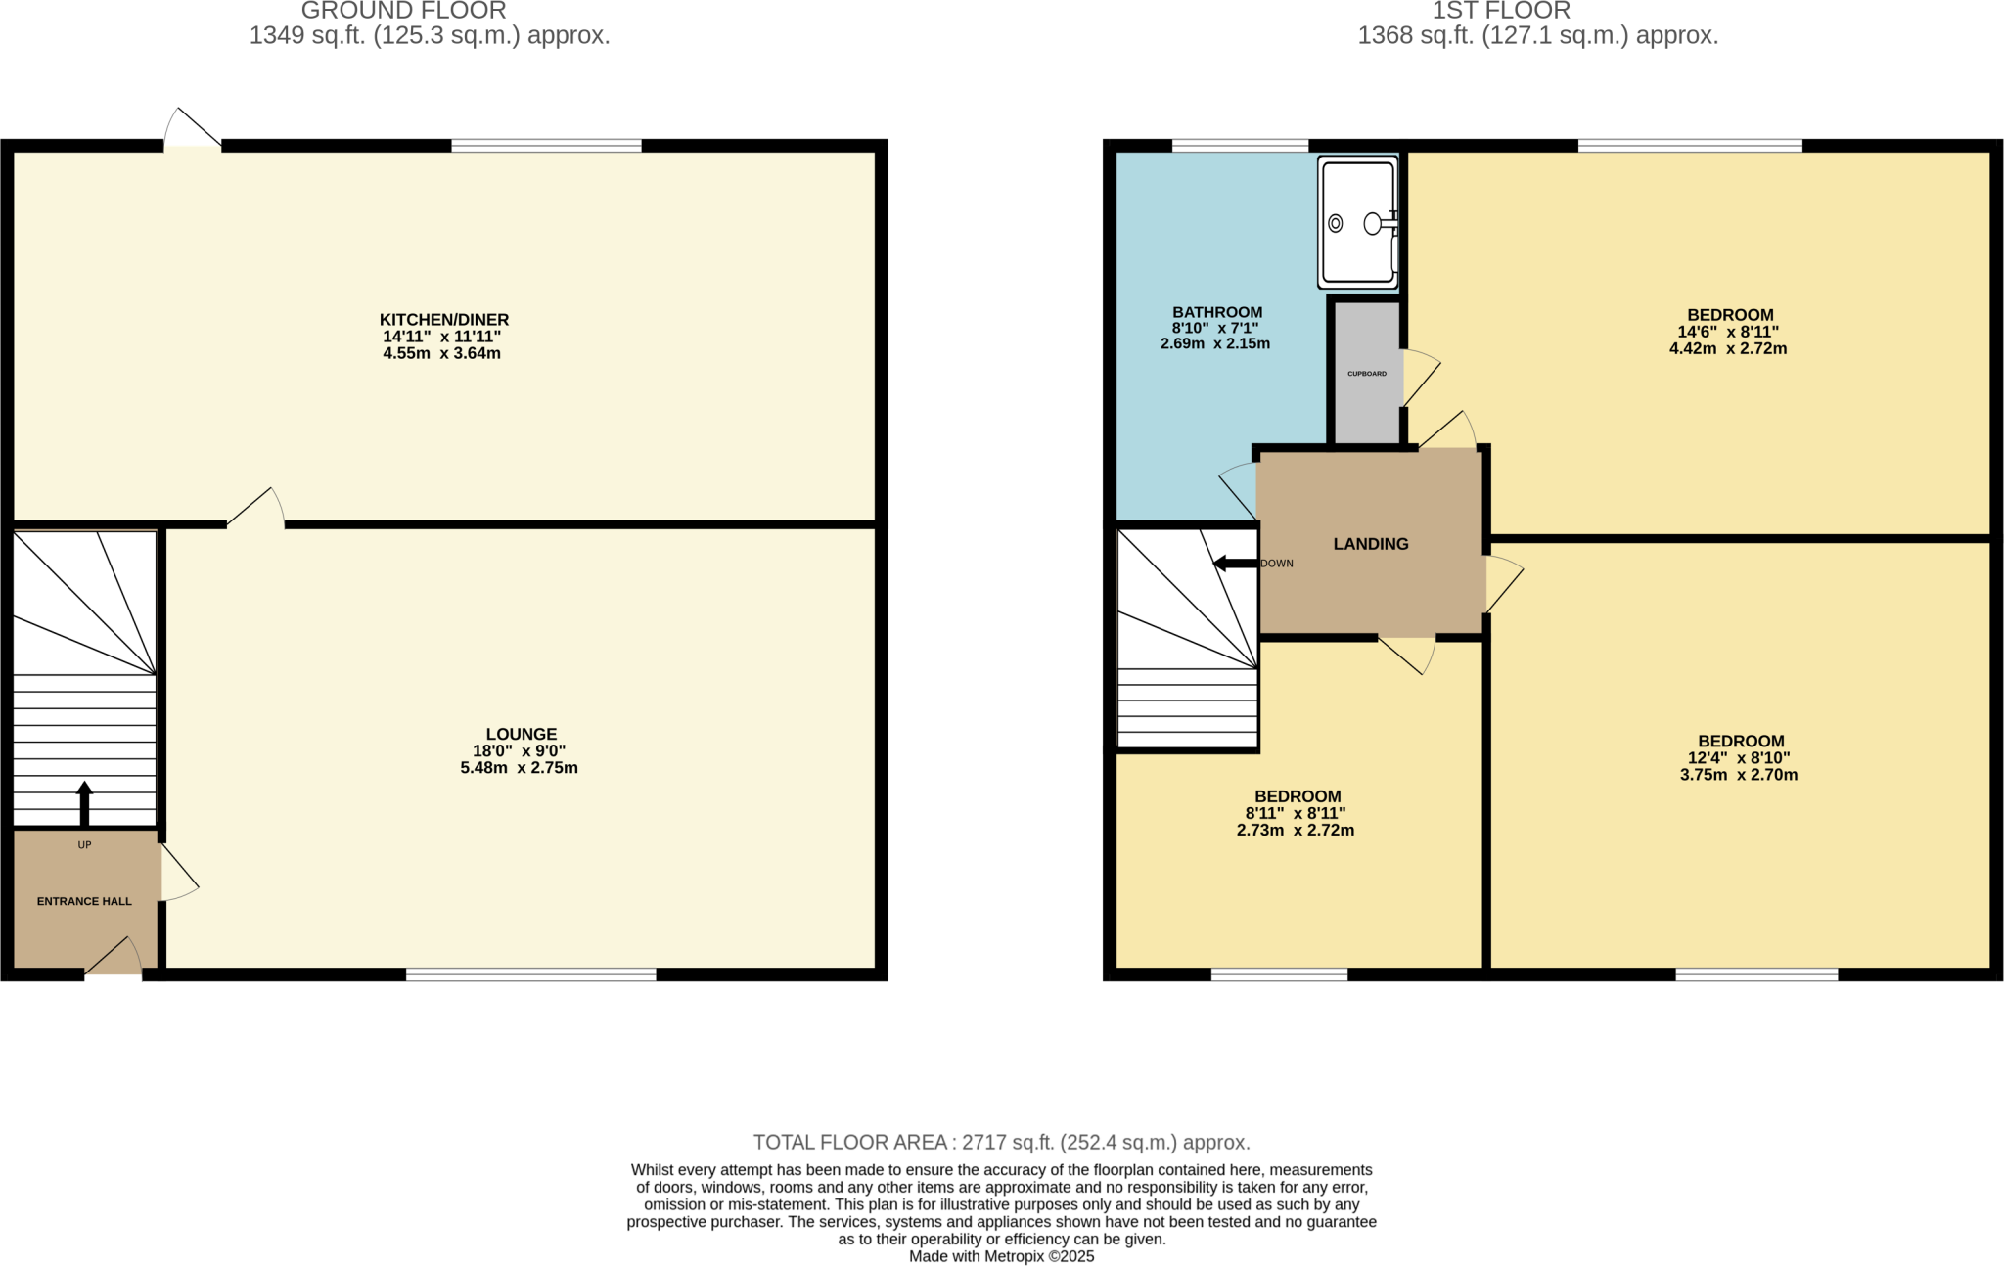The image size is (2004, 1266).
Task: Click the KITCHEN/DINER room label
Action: [x=443, y=320]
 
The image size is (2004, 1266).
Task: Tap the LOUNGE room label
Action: [x=521, y=734]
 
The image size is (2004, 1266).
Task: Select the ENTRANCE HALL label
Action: [x=84, y=901]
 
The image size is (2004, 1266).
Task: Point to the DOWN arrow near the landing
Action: [x=1234, y=564]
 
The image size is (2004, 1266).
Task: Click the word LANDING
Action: [x=1370, y=544]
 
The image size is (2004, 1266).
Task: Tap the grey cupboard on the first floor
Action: [x=1367, y=373]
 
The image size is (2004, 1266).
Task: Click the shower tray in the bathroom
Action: [x=1357, y=223]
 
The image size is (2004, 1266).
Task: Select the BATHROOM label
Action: [x=1217, y=312]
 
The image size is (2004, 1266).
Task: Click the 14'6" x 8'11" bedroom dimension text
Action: [x=1728, y=332]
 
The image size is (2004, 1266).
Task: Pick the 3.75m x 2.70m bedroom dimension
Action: [x=1739, y=775]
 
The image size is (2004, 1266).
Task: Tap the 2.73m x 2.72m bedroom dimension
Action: [x=1296, y=831]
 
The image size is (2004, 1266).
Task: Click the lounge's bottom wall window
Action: [x=530, y=974]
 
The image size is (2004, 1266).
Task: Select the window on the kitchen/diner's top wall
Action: [x=546, y=146]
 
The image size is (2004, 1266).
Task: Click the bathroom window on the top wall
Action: [x=1240, y=146]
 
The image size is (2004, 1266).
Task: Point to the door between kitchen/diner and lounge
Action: [x=256, y=511]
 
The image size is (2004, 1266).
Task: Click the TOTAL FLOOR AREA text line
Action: [x=1001, y=1142]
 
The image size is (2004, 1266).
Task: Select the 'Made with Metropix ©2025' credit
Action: [x=1001, y=1256]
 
